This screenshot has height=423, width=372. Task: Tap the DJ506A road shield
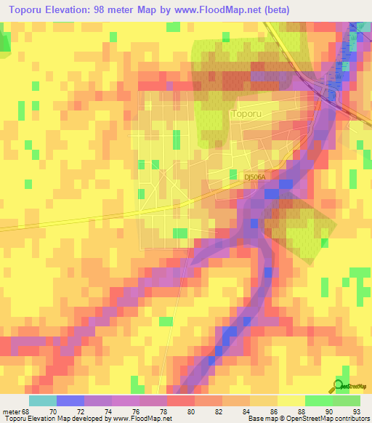tap(256, 177)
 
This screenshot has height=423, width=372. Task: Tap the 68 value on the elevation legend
tap(26, 411)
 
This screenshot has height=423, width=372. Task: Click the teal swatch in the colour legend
tap(42, 400)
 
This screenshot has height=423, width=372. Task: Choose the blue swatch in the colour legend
tap(70, 400)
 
